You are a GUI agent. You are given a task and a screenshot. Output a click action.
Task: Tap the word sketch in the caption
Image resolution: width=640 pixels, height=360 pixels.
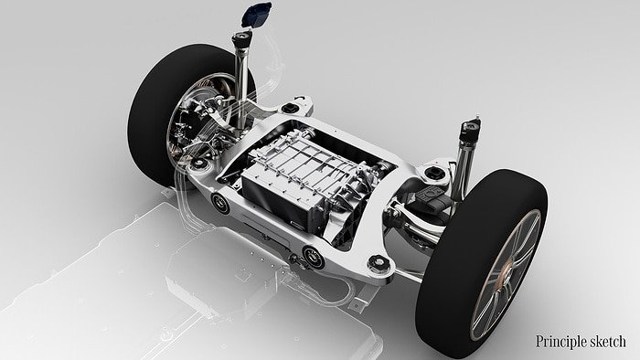coord(607,342)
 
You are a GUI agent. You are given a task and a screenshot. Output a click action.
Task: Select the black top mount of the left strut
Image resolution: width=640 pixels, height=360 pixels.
coord(244,42)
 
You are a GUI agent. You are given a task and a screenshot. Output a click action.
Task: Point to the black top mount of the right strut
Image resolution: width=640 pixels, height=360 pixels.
coord(468,128)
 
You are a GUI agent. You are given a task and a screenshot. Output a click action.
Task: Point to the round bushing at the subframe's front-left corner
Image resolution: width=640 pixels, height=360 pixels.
coord(219,203)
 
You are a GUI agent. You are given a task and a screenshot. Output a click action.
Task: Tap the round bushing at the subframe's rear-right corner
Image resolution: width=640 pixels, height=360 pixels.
coord(431,173)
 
